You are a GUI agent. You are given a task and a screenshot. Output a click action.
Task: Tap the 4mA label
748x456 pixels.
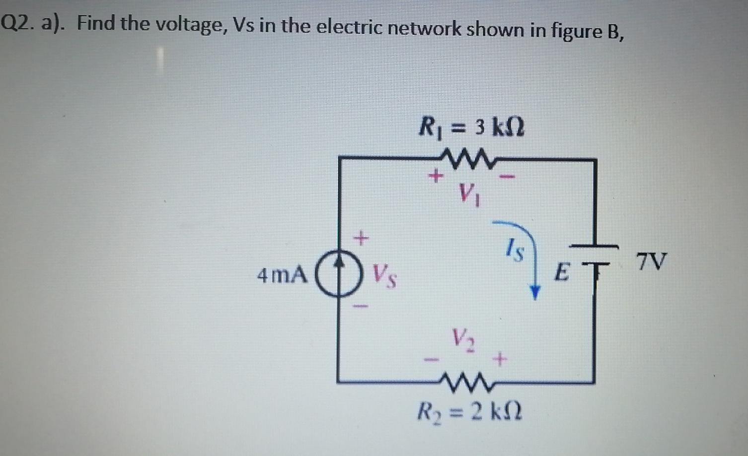[x=281, y=275]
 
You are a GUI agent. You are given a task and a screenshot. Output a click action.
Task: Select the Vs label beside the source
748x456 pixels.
[x=384, y=276]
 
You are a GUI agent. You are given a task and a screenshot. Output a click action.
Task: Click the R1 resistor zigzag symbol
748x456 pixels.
[x=470, y=158]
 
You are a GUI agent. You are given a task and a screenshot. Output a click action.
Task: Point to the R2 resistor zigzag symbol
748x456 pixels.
[x=467, y=382]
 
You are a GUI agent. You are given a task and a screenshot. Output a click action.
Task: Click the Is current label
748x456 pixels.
[x=515, y=249]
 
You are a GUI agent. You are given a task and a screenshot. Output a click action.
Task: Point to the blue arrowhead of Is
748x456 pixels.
[x=534, y=292]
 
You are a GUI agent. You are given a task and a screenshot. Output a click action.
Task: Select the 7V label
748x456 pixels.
[x=651, y=261]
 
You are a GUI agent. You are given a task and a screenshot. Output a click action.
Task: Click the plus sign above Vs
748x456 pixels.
[x=362, y=239]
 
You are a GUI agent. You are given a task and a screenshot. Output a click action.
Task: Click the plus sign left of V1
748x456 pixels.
[x=435, y=176]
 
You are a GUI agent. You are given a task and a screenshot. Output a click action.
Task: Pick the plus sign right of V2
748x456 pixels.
[x=500, y=358]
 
